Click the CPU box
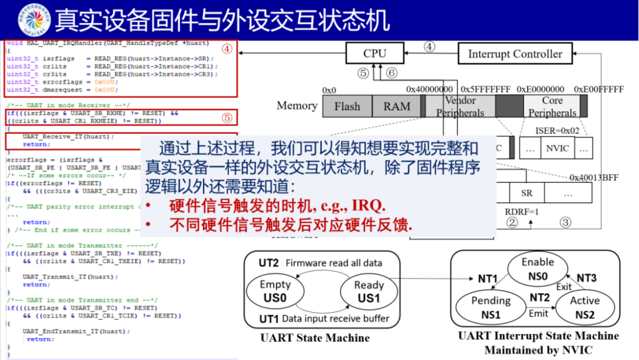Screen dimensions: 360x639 (375, 54)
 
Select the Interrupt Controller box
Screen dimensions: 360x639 (515, 54)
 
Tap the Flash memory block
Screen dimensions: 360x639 (347, 107)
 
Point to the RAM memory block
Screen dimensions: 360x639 (396, 107)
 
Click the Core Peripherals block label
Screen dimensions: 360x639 (552, 107)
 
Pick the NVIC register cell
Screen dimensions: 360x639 (558, 149)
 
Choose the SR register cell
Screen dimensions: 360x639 (527, 193)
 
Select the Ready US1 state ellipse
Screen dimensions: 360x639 (369, 291)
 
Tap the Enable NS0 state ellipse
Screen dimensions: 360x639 (538, 269)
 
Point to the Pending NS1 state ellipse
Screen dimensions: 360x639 (490, 307)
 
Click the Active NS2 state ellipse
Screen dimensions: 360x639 (585, 307)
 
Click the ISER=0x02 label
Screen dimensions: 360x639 (557, 130)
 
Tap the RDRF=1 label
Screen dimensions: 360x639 (522, 211)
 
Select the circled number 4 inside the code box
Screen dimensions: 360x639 (227, 50)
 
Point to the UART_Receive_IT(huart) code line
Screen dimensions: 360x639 (68, 137)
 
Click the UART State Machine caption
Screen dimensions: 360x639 (315, 338)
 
